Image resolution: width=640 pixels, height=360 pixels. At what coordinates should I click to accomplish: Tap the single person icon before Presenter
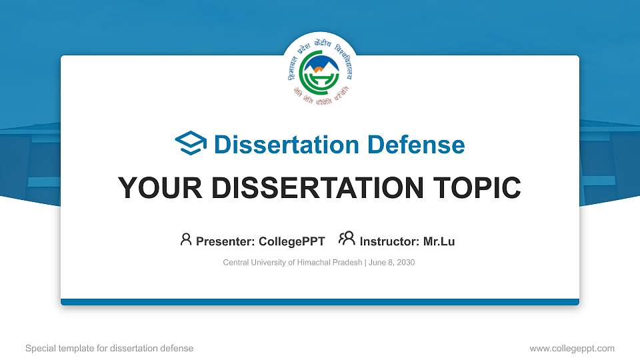(186, 240)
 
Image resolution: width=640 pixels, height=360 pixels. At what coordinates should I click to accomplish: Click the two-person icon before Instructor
(347, 239)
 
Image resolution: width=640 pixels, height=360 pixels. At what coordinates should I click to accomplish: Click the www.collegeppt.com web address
(571, 348)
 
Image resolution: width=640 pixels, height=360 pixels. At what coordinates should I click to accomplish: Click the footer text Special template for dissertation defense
(109, 348)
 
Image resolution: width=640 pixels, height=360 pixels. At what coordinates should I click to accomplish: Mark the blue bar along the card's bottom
(320, 302)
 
